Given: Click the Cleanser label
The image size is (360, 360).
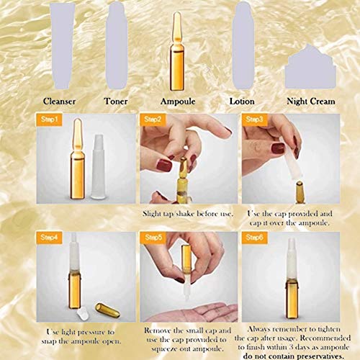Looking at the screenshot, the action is (x=59, y=102).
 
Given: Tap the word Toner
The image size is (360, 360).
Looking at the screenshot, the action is (x=116, y=102).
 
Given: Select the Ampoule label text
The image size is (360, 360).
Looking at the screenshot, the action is (x=178, y=102).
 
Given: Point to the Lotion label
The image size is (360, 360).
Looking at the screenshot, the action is (x=242, y=102).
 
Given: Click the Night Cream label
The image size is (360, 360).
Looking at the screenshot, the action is (x=311, y=102).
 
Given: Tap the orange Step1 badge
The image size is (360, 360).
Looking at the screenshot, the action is (x=49, y=120).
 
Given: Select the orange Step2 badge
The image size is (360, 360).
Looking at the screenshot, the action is (x=153, y=120).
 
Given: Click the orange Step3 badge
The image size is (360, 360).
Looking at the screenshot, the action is (x=254, y=120).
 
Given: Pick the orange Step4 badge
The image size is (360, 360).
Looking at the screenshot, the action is (x=49, y=238).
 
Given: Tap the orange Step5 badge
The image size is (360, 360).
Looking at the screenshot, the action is (x=153, y=238).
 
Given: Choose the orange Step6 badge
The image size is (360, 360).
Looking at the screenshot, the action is (x=254, y=238).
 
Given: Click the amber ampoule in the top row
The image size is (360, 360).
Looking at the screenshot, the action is (x=177, y=52).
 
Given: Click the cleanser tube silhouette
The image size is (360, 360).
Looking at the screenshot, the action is (x=63, y=45).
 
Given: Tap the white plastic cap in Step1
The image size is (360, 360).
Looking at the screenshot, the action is (x=99, y=167).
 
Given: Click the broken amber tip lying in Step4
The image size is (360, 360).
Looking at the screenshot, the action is (x=107, y=310).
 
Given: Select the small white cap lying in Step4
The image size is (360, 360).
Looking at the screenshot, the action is (x=82, y=315).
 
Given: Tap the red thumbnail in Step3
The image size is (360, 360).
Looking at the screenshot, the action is (x=278, y=148).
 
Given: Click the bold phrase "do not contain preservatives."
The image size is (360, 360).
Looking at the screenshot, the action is (x=293, y=356).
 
